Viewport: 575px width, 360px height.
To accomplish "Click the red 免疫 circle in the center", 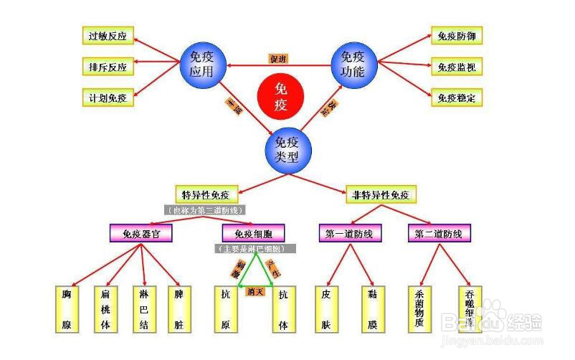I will coord(280,97).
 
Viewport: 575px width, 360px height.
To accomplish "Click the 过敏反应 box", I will coord(107,36).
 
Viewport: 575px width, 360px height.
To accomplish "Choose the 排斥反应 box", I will coord(107,67).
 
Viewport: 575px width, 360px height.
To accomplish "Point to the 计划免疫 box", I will coord(107,98).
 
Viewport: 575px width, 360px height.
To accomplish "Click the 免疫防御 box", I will coord(456,36).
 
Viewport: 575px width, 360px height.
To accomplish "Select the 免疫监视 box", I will coord(456,67).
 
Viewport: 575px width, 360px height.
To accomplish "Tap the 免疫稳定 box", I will coord(456,98).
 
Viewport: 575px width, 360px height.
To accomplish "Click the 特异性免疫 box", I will coord(206,194).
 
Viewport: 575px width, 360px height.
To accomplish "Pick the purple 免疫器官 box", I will coord(141,233).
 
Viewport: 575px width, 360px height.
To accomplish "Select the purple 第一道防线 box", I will coord(349,233).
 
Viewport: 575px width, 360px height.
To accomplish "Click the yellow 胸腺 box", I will coord(67,309).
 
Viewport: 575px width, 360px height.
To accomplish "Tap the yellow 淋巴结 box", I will coord(143,309).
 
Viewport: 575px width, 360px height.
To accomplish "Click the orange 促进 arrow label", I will coord(278,59).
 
